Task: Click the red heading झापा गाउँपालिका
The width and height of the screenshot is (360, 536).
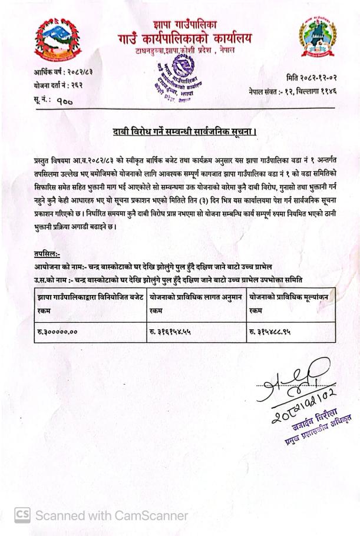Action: coord(184,25)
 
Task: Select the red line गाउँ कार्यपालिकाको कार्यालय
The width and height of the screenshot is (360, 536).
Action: coord(184,39)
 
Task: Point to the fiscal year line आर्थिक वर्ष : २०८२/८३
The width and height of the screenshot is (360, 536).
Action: coord(63,73)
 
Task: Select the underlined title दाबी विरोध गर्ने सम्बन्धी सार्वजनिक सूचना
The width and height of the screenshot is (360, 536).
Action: coord(184,131)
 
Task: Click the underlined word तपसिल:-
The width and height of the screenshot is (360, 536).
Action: coord(47,254)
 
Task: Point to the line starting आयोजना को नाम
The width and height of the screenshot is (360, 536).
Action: coord(153,266)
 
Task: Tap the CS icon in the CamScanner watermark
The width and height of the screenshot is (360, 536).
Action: coord(22,515)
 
